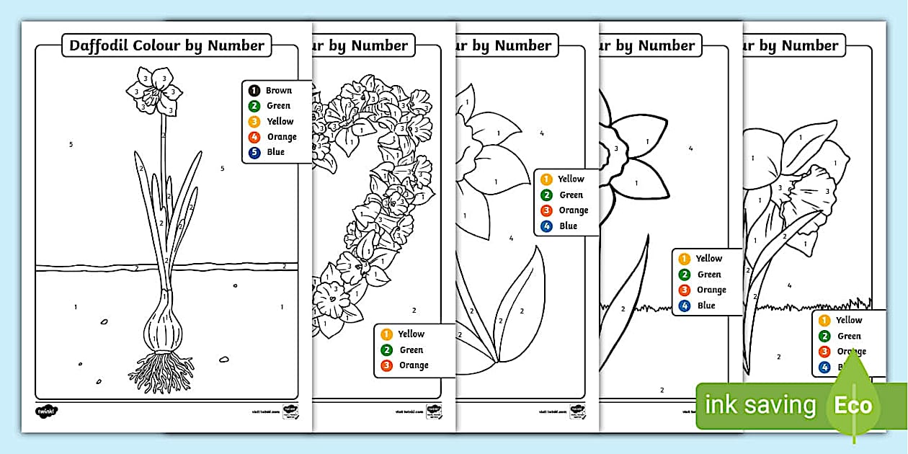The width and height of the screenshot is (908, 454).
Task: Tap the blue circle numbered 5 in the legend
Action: [x=254, y=152]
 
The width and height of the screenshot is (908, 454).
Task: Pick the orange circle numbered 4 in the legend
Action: [x=254, y=137]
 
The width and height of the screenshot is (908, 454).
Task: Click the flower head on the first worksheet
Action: [x=154, y=91]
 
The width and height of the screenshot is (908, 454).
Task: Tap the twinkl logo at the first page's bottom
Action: [x=47, y=411]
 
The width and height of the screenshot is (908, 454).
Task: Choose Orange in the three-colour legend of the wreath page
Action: [x=413, y=365]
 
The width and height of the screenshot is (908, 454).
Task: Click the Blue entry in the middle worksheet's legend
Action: [x=568, y=226]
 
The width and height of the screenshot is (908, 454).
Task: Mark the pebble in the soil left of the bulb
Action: [x=104, y=321]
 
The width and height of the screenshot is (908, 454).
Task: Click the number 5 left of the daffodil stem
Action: [x=71, y=145]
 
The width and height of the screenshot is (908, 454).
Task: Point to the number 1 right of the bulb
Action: [x=282, y=307]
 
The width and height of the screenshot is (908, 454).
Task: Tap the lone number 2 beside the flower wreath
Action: [x=414, y=311]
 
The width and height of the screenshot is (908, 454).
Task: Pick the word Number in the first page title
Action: [x=236, y=45]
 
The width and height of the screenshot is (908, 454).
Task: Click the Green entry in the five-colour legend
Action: [x=277, y=106]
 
